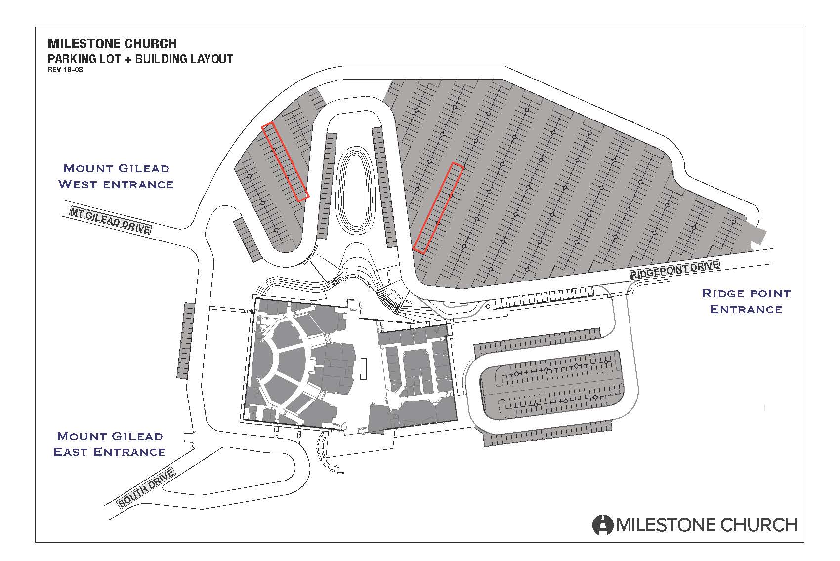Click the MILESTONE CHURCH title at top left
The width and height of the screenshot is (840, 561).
(112, 44)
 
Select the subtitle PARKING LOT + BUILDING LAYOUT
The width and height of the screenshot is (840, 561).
(140, 59)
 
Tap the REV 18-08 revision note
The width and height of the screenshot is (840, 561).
(65, 70)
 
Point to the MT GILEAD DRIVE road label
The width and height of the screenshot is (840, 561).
(111, 220)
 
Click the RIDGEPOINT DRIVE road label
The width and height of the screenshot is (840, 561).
(674, 270)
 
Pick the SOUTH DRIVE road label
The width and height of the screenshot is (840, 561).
(146, 488)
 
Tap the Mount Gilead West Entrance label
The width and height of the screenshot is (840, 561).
(116, 176)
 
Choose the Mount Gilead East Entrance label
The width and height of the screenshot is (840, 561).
(110, 444)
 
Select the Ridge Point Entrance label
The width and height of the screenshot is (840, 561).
(746, 301)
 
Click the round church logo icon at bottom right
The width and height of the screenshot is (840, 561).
(603, 524)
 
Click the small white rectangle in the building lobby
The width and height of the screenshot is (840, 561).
(363, 369)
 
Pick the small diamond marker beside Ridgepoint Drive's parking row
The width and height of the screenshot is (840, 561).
(488, 306)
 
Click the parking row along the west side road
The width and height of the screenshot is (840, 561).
(186, 340)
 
